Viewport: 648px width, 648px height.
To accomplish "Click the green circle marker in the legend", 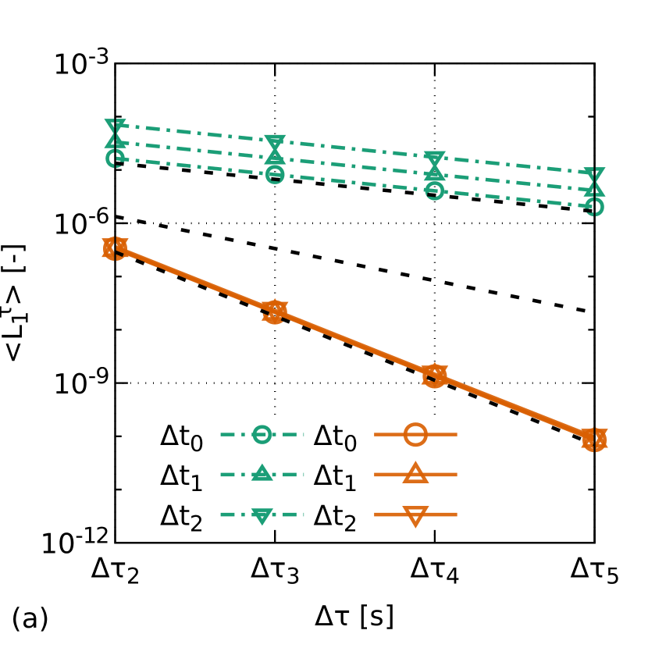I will [262, 434].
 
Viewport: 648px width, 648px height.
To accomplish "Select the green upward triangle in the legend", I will [262, 473].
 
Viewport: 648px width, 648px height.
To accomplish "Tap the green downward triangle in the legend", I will [262, 516].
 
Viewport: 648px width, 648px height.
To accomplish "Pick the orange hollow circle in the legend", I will [415, 434].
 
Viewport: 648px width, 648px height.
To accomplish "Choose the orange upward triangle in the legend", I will [415, 473].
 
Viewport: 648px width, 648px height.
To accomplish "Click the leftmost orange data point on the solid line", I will [115, 248].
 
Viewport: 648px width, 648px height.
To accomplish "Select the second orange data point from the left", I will [275, 312].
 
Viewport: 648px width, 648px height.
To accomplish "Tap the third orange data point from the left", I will [435, 376].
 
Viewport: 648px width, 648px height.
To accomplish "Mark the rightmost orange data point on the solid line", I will [594, 440].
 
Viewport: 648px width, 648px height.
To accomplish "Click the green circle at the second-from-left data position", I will [275, 174].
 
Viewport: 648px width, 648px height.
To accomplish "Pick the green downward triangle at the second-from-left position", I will [275, 143].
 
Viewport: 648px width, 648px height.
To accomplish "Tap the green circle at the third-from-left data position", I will [435, 190].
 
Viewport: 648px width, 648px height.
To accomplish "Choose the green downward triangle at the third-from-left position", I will [435, 159].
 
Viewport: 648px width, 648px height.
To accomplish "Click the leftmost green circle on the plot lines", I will [115, 158].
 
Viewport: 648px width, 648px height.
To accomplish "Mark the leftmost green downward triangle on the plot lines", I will [115, 126].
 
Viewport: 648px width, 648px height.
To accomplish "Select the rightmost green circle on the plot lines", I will [594, 206].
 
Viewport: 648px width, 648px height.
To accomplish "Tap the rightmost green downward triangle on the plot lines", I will [594, 175].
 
